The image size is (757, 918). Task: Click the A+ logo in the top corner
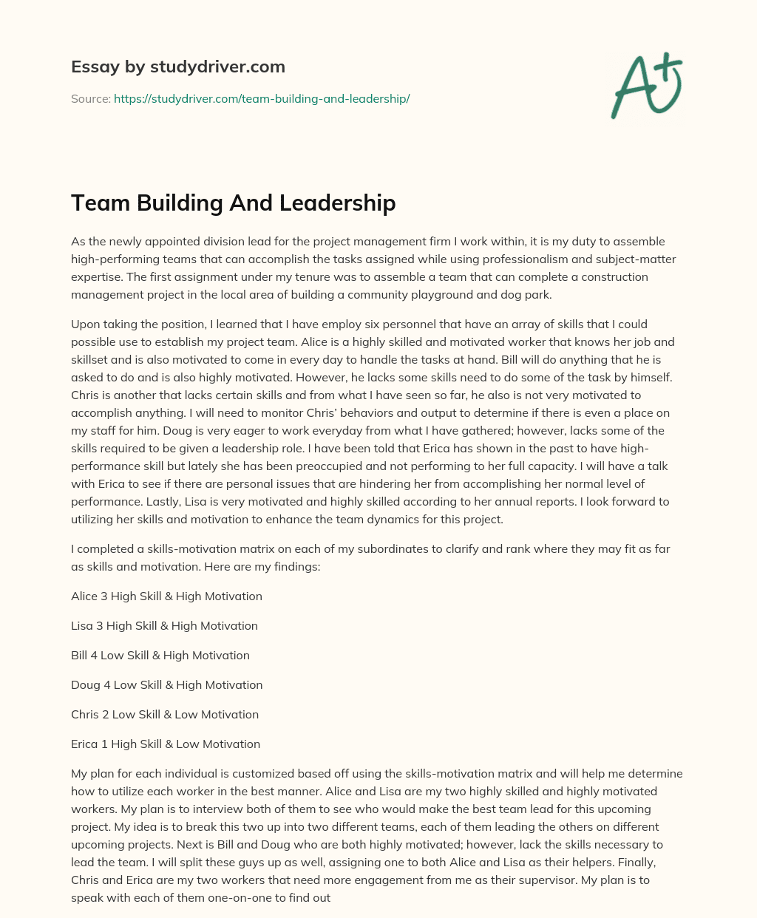pyautogui.click(x=646, y=85)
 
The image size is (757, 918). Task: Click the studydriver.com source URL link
pyautogui.click(x=262, y=98)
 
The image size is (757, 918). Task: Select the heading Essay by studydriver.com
pyautogui.click(x=178, y=67)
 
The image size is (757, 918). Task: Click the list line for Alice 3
pyautogui.click(x=166, y=596)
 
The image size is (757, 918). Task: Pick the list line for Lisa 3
pyautogui.click(x=164, y=625)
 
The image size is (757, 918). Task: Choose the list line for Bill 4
pyautogui.click(x=160, y=655)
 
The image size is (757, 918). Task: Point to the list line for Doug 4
pyautogui.click(x=166, y=684)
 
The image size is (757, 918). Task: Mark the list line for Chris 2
pyautogui.click(x=165, y=714)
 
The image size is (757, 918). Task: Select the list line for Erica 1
pyautogui.click(x=166, y=744)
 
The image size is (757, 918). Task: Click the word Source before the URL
pyautogui.click(x=89, y=98)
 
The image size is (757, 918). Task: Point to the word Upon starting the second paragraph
pyautogui.click(x=85, y=324)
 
